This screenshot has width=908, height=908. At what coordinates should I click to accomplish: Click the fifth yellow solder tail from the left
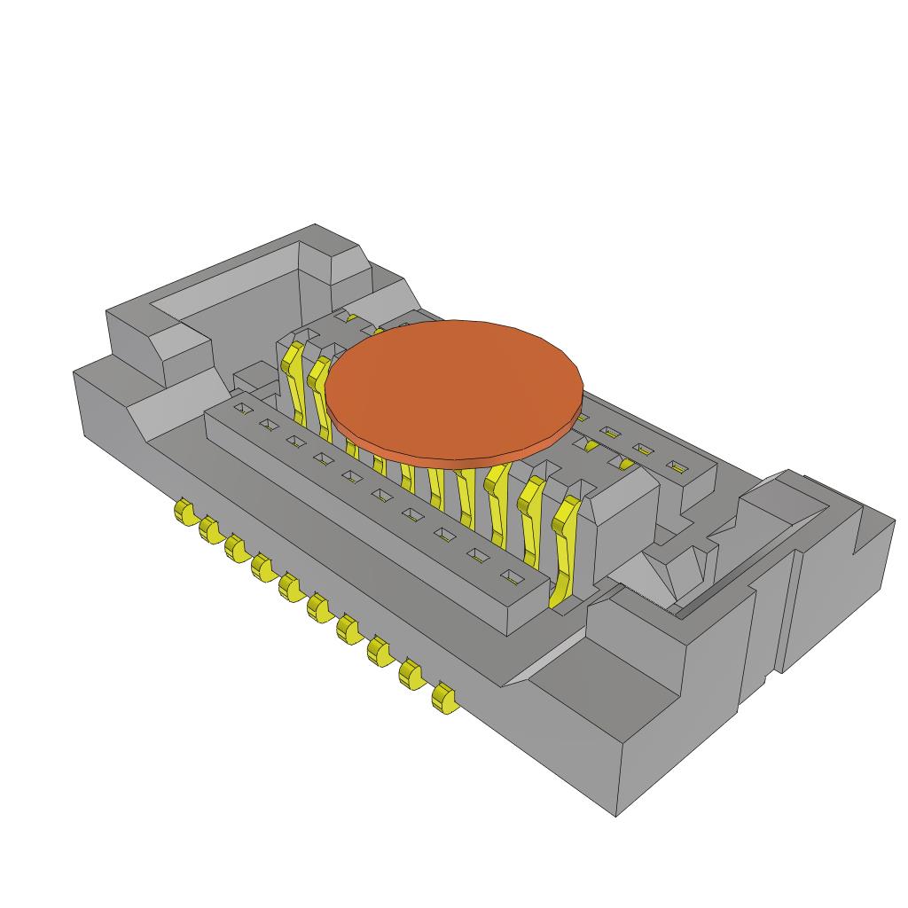click(289, 587)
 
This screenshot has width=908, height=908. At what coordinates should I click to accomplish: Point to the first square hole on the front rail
click(240, 408)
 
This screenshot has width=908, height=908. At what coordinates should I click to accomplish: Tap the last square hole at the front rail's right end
click(512, 578)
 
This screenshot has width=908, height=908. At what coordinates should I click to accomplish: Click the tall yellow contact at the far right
click(564, 550)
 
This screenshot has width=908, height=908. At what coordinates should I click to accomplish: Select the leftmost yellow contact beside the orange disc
click(291, 381)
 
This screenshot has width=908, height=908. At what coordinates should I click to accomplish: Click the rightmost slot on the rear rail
click(677, 466)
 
